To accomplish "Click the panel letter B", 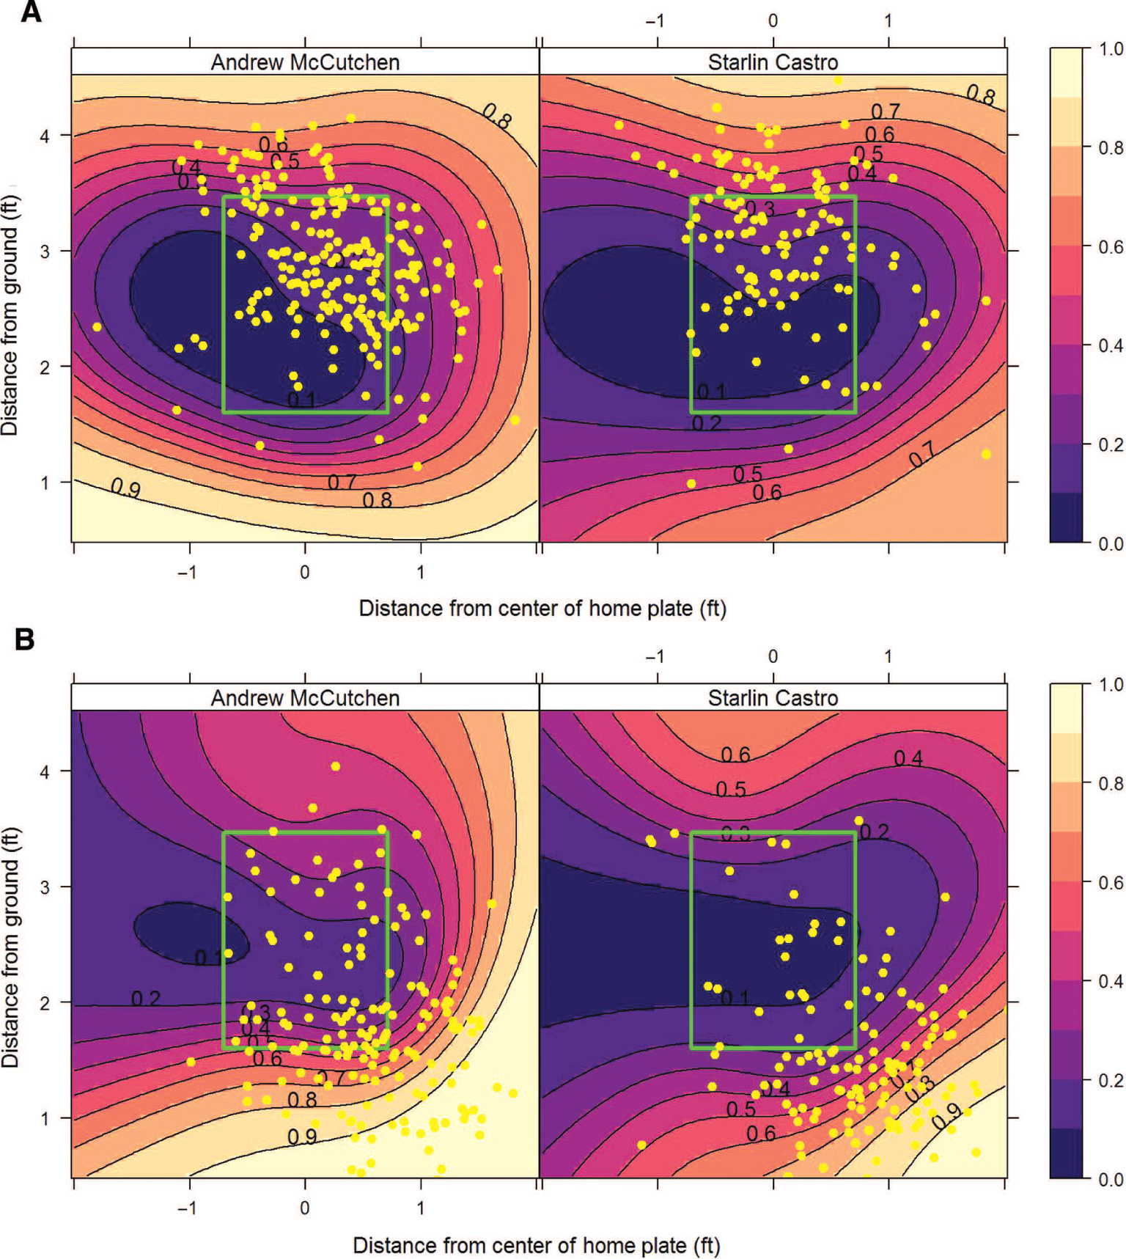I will point(25,639).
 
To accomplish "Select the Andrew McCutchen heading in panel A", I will point(305,62).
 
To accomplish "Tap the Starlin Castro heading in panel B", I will point(773,698).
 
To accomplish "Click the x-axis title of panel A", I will point(542,609).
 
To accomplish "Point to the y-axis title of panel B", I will point(10,947).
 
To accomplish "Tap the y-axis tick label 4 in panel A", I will point(45,136).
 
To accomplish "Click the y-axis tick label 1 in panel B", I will point(45,1119).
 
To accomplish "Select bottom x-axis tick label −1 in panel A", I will point(187,573).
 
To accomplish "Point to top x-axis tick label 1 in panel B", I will point(888,656).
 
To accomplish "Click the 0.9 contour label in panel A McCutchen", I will point(125,488).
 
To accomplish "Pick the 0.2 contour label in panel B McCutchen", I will point(145,999).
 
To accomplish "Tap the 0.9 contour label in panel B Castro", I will point(946,1115).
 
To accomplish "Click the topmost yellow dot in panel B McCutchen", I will point(335,766).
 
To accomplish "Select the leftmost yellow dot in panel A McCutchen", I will point(97,326).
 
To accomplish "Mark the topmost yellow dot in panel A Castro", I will point(838,80).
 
